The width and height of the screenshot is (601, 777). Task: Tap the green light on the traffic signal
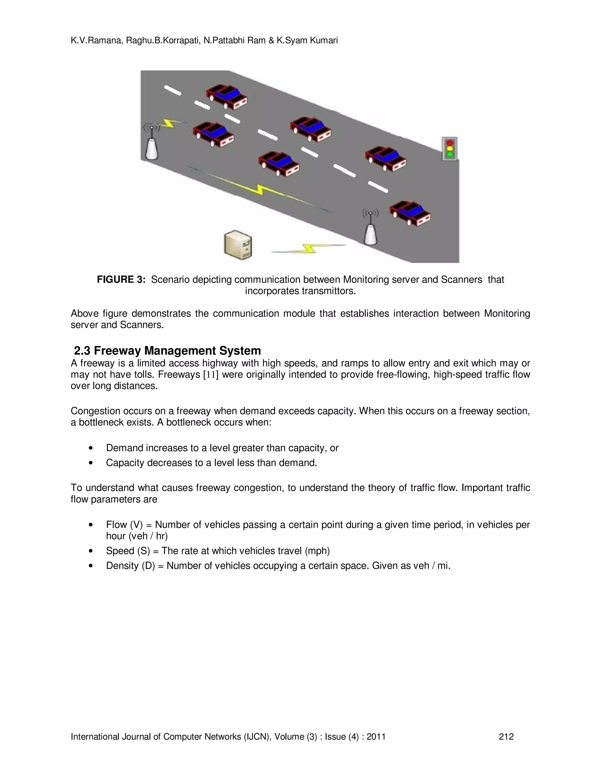[x=450, y=155]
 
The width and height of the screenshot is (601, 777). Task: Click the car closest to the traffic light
[x=386, y=159]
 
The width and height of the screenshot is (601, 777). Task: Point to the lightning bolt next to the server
[x=308, y=248]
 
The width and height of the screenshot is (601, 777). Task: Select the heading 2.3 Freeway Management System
[x=167, y=351]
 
